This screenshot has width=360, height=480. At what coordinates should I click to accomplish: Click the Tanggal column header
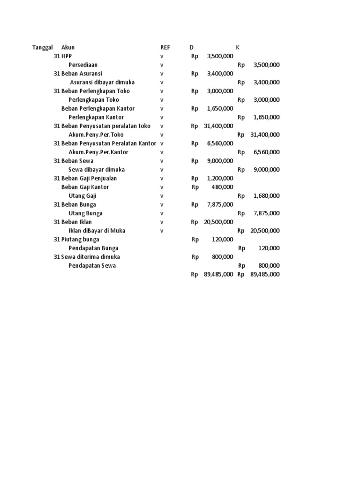tap(42, 47)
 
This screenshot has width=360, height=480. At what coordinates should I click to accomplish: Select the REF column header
tap(165, 47)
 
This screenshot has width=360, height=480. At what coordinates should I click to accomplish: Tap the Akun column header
tap(68, 47)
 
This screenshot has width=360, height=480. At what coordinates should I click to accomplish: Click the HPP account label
tap(67, 56)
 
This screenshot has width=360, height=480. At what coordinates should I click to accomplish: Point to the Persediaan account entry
tap(83, 65)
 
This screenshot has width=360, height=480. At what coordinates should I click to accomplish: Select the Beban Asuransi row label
tap(82, 74)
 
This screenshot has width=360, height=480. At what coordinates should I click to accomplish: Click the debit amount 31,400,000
tap(218, 126)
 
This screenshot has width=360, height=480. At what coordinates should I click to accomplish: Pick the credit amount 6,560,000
tap(266, 152)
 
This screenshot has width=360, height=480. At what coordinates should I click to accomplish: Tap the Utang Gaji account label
tap(82, 196)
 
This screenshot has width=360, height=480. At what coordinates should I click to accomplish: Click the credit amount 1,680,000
tap(266, 196)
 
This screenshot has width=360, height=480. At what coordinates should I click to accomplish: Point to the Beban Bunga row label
tap(79, 205)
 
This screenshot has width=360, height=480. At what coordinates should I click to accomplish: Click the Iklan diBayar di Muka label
tap(97, 231)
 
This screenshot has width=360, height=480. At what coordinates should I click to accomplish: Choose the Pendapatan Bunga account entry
tap(93, 248)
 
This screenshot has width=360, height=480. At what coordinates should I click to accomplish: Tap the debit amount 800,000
tap(222, 257)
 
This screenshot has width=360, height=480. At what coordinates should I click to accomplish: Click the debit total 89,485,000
tap(218, 275)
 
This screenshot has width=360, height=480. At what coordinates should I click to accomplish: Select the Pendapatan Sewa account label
tap(92, 266)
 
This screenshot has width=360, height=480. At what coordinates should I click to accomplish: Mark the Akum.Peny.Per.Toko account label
tap(96, 135)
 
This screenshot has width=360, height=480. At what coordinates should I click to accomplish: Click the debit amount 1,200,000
tap(220, 179)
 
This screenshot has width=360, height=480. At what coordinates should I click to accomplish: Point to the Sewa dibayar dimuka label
tap(97, 170)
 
